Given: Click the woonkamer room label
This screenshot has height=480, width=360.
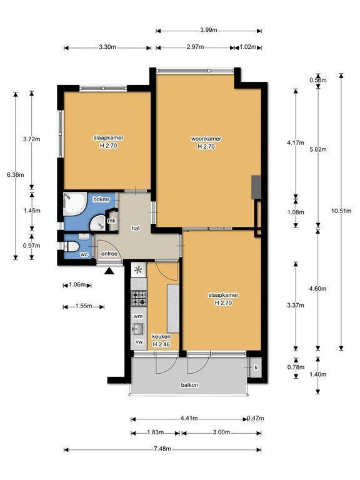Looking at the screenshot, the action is tap(206, 139).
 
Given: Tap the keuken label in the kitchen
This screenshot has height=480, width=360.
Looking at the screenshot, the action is tap(161, 336).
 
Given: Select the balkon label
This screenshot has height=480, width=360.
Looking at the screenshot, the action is tap(189, 385).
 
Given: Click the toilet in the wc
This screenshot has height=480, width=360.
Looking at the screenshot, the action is tap(71, 246).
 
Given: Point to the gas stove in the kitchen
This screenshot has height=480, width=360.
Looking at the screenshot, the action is tap(139, 299).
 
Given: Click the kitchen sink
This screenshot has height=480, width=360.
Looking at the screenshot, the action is tap(138, 329).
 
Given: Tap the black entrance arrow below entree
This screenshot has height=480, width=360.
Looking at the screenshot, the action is tap(109, 271).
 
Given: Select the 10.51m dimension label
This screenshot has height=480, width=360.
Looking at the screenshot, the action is tap(341, 211).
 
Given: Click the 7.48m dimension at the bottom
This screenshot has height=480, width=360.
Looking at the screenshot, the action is tap(162, 449).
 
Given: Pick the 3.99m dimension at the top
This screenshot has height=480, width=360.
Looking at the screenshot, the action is tap(209, 30).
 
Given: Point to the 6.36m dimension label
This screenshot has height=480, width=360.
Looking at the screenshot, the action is tap(15, 175).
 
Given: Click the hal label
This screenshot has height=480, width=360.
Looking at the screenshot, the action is tap(136, 228).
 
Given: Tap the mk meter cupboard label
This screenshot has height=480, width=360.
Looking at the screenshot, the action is tap(111, 221).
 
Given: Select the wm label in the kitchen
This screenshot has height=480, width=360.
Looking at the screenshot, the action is tap(138, 316).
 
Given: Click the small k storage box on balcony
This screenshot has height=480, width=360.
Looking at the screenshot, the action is tap(255, 367).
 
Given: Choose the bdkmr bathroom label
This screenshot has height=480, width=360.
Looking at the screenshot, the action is tap(101, 199).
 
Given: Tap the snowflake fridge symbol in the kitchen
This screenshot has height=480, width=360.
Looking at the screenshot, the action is tap(139, 270).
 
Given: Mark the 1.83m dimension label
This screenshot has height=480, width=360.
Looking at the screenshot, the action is tap(156, 432).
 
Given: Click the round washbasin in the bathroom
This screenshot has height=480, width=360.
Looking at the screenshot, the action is tap(98, 222).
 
